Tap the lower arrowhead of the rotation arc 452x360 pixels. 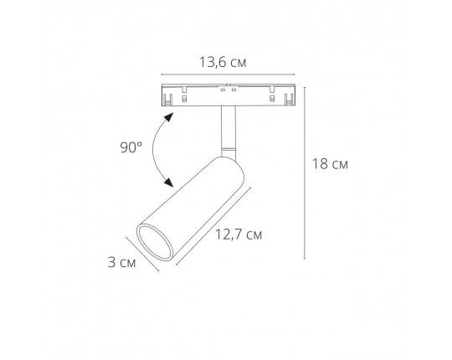172,183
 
